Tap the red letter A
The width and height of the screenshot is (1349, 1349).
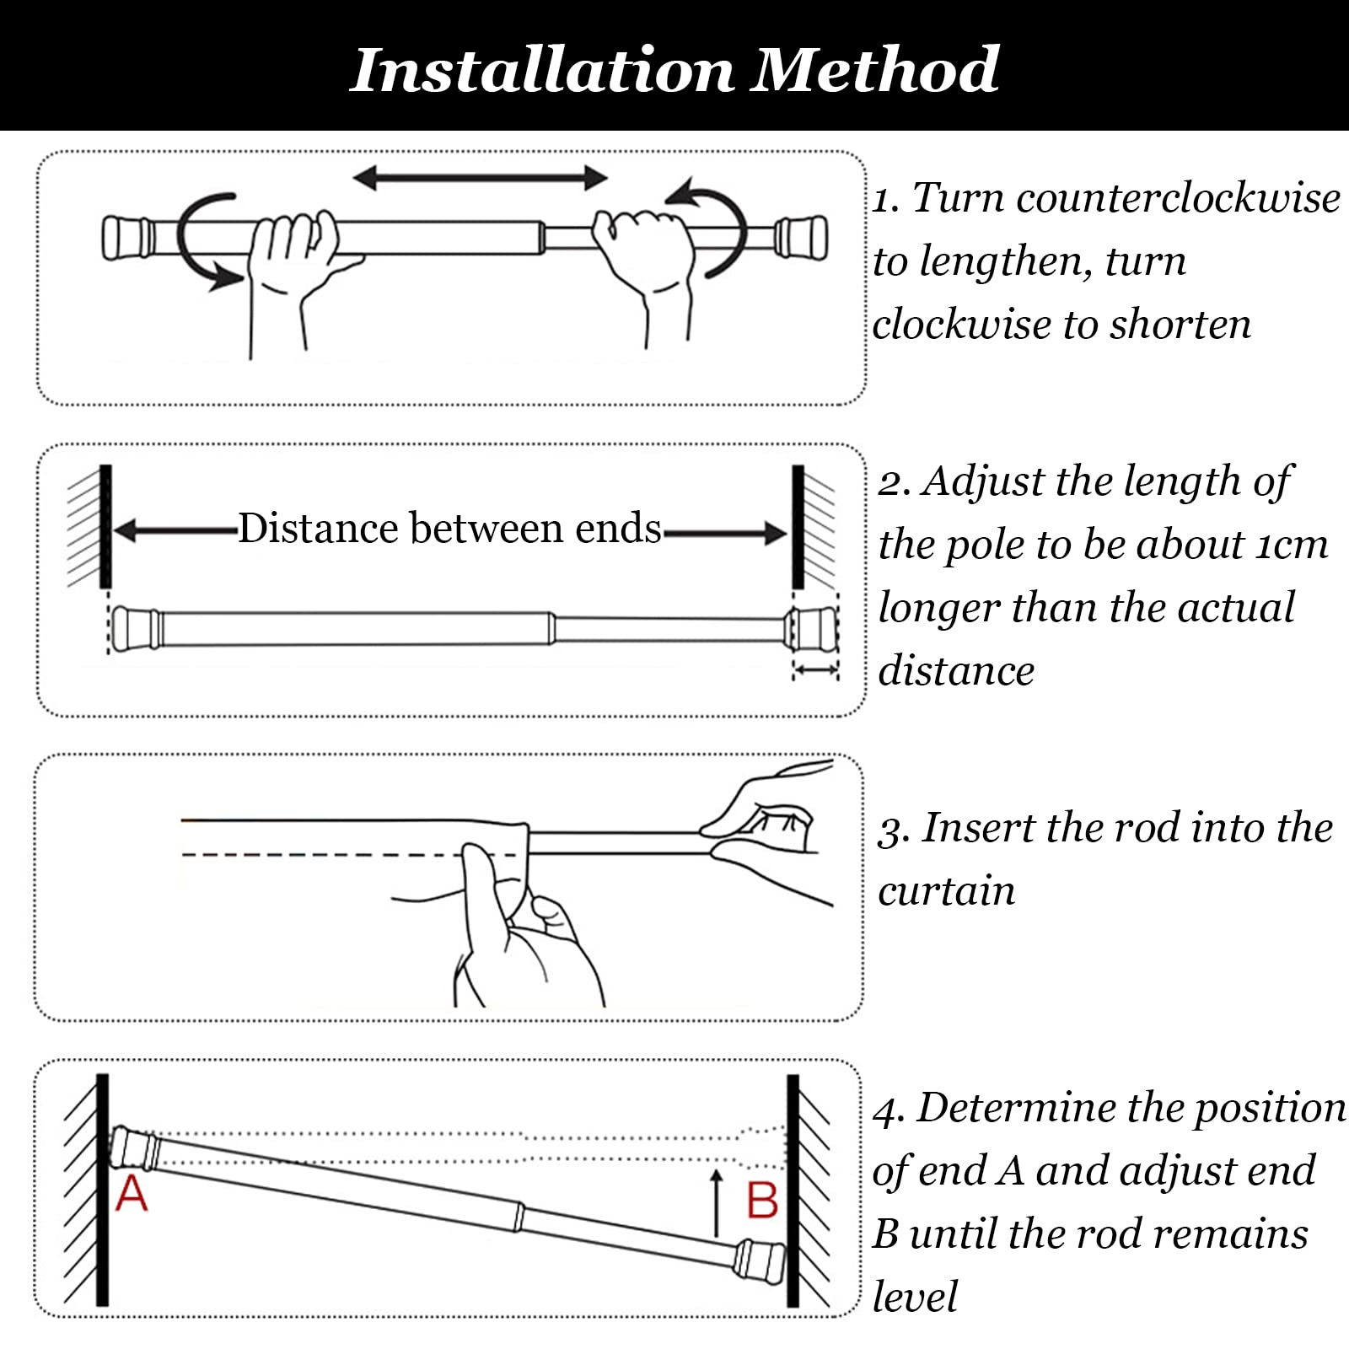pyautogui.click(x=132, y=1194)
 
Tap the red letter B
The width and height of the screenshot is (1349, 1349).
pyautogui.click(x=762, y=1201)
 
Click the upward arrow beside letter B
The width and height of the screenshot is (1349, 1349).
pyautogui.click(x=717, y=1202)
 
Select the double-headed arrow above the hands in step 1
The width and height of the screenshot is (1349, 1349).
pyautogui.click(x=480, y=178)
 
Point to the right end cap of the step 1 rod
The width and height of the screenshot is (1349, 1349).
pyautogui.click(x=801, y=238)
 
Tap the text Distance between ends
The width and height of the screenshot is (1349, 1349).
pyautogui.click(x=449, y=529)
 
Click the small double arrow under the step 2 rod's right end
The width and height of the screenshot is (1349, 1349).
pyautogui.click(x=815, y=669)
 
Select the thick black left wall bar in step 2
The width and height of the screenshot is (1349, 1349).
pyautogui.click(x=105, y=526)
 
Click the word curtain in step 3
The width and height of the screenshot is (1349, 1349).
pyautogui.click(x=946, y=892)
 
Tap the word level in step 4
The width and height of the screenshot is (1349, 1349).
pyautogui.click(x=915, y=1297)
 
